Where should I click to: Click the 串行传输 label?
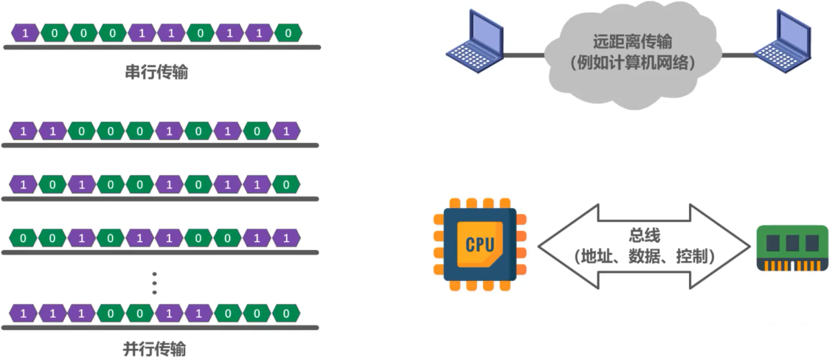click(x=156, y=72)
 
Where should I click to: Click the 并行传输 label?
click(x=155, y=350)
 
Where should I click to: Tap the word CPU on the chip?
click(x=480, y=245)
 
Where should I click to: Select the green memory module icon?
click(x=792, y=248)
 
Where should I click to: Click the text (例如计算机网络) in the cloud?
click(x=632, y=63)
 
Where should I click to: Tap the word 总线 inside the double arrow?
click(x=645, y=236)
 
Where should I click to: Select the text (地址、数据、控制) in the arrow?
click(x=645, y=257)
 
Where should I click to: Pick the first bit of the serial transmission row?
click(x=25, y=33)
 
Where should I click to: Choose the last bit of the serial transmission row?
click(x=288, y=33)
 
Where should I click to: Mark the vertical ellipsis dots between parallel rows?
click(x=154, y=283)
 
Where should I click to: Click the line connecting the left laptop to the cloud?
click(x=524, y=55)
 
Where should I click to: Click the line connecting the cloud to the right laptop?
click(x=739, y=55)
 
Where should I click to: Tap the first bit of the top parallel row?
click(x=23, y=131)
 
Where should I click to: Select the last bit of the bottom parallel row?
click(x=286, y=313)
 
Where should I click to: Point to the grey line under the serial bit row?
click(x=162, y=47)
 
